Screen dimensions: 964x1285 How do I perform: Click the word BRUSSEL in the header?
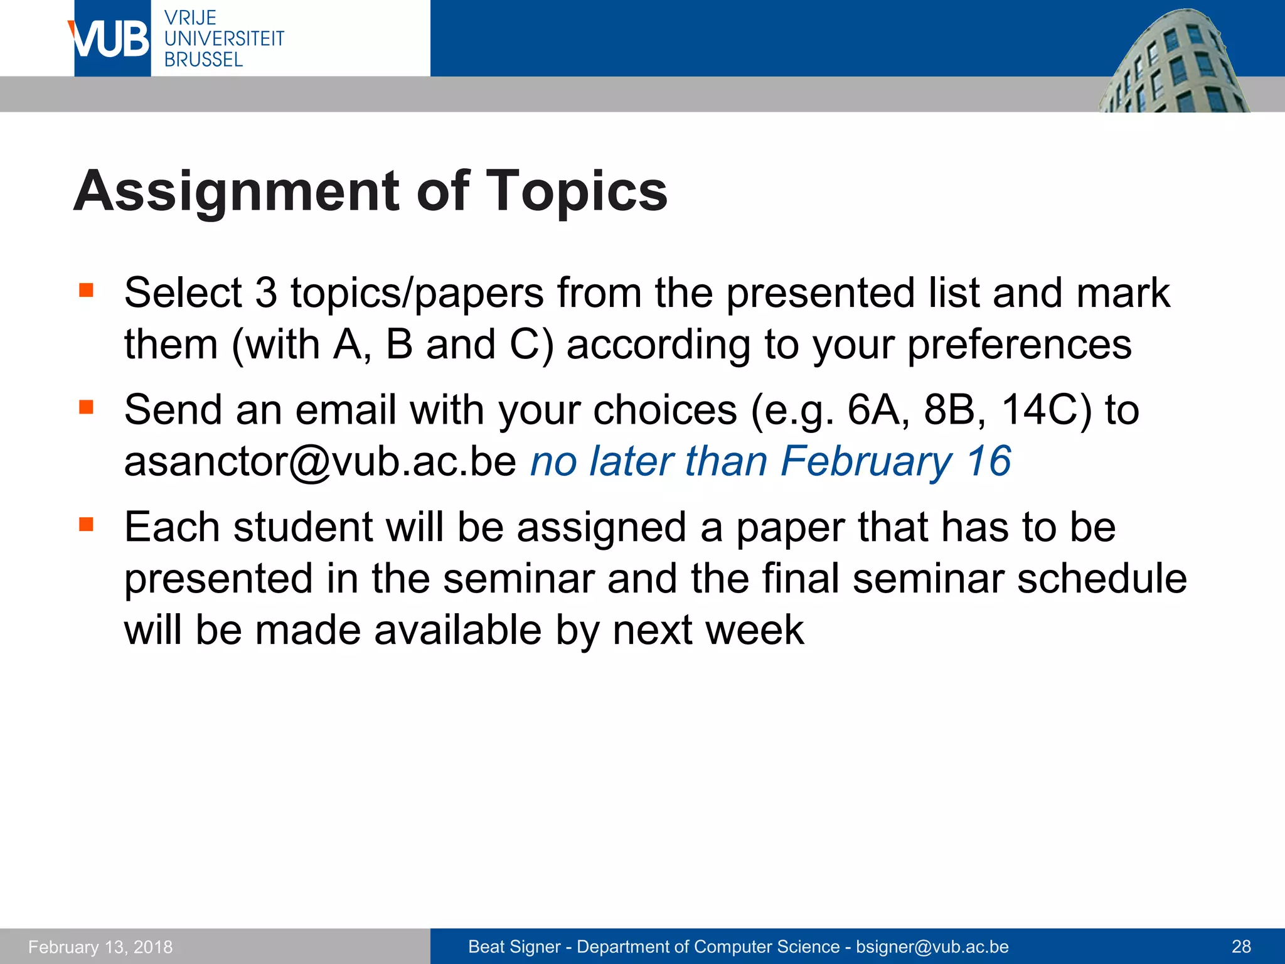pyautogui.click(x=203, y=60)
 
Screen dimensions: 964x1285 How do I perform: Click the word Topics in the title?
pyautogui.click(x=577, y=191)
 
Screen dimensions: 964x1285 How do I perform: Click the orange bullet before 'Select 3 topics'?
pyautogui.click(x=87, y=291)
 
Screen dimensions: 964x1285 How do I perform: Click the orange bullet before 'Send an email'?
pyautogui.click(x=87, y=408)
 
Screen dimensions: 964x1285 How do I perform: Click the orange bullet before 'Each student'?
pyautogui.click(x=87, y=524)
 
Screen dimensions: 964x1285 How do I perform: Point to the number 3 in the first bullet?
pyautogui.click(x=266, y=293)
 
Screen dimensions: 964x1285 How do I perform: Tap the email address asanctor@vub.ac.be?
pyautogui.click(x=320, y=462)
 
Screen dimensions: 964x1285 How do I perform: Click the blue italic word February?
pyautogui.click(x=866, y=462)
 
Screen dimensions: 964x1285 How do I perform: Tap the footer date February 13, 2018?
pyautogui.click(x=100, y=947)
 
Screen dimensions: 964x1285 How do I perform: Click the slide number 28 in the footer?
pyautogui.click(x=1241, y=946)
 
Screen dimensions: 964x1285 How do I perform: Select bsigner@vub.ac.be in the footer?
pyautogui.click(x=932, y=947)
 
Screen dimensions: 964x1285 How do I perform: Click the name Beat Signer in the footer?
pyautogui.click(x=514, y=947)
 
